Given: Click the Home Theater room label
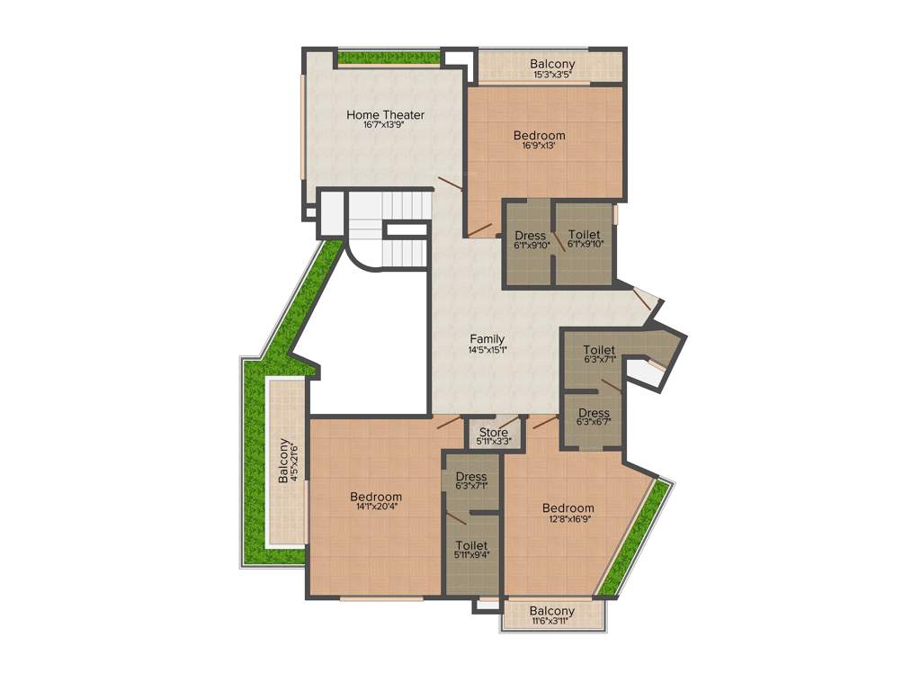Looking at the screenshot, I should tap(385, 114).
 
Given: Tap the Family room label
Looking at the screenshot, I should tap(487, 338).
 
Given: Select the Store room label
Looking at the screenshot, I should tap(494, 432).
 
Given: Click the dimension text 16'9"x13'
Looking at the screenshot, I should tap(540, 147).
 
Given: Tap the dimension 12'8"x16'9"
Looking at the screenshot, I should tap(568, 518).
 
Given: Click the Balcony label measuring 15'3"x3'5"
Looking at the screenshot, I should tap(552, 64).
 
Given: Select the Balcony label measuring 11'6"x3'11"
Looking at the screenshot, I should tap(552, 611).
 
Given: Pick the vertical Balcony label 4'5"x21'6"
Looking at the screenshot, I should tap(283, 461).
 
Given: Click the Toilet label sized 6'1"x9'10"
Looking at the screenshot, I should tap(585, 235).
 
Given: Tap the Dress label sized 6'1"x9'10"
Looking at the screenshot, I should tap(531, 236).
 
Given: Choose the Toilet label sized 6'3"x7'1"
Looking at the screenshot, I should tap(599, 349).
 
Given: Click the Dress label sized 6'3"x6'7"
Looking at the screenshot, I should tap(594, 413).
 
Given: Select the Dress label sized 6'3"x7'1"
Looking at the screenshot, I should tap(471, 476).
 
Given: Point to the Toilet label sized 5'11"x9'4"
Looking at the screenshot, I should tap(471, 545).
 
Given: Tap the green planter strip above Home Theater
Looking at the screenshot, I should tap(389, 58).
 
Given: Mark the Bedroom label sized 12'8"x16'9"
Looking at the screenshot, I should tap(568, 507).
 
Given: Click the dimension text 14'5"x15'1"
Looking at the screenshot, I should tap(487, 349).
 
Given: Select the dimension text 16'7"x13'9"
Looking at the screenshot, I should tap(385, 126).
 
